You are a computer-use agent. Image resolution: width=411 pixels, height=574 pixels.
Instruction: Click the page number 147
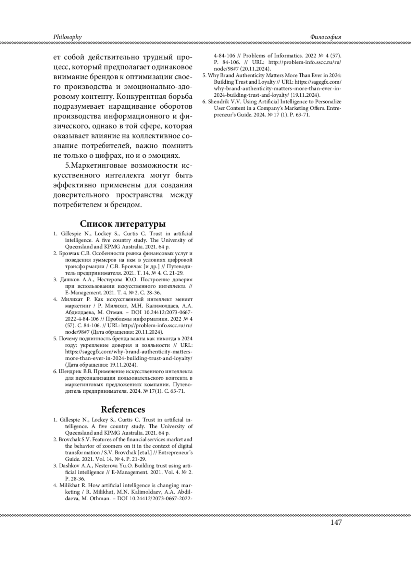pyautogui.click(x=336, y=522)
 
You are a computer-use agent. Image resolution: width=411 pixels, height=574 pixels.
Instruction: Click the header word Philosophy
pyautogui.click(x=67, y=37)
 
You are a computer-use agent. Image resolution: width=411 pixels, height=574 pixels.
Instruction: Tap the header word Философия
pyautogui.click(x=325, y=37)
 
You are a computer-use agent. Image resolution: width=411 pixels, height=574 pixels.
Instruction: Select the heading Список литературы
pyautogui.click(x=123, y=224)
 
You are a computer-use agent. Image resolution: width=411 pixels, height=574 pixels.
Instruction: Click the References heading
pyautogui.click(x=123, y=410)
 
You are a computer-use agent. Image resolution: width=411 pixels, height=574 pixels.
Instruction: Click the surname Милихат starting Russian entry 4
pyautogui.click(x=72, y=299)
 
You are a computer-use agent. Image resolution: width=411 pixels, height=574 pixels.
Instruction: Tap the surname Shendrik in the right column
pyautogui.click(x=219, y=102)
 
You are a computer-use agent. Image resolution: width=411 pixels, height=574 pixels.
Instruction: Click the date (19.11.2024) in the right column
pyautogui.click(x=305, y=95)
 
